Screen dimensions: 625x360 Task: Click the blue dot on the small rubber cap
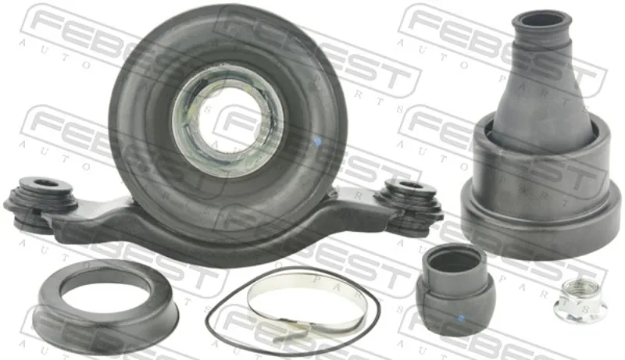(461, 318)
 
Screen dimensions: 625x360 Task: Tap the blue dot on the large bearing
(317, 141)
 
